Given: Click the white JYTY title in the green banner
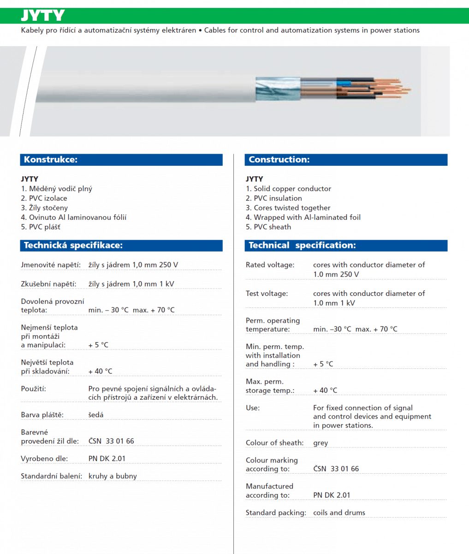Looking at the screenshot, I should (x=42, y=16).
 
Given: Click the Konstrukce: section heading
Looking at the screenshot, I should (x=51, y=160).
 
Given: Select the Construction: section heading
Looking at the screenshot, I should (x=279, y=160).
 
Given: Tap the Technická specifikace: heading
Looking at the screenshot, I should (x=73, y=246).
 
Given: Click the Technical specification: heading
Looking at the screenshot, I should (x=302, y=246).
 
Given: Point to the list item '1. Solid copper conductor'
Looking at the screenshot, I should (x=288, y=189).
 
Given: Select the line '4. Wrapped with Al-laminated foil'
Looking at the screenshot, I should (x=303, y=217).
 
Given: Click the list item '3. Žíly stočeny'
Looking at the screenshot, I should (x=44, y=208).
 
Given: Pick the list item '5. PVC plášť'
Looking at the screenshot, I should (x=41, y=227).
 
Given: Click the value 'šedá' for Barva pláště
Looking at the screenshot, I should (x=96, y=415).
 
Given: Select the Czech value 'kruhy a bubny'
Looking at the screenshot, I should (x=113, y=476).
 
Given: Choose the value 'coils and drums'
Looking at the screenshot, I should (x=339, y=513).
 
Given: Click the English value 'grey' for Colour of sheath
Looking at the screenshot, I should (x=321, y=443).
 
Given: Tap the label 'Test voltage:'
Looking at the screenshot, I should (x=267, y=294).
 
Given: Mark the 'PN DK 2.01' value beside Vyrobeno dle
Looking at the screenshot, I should (x=107, y=459).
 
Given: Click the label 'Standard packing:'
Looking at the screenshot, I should (x=276, y=513).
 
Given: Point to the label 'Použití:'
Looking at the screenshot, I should (x=34, y=389).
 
